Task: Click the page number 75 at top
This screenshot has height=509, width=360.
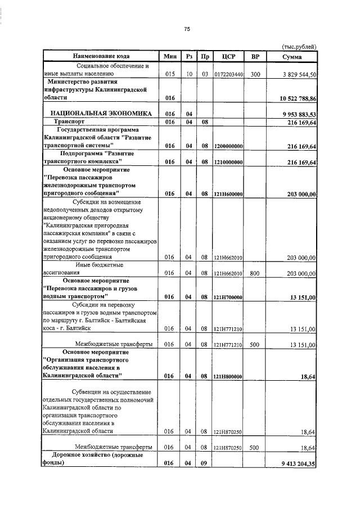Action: [x=187, y=29]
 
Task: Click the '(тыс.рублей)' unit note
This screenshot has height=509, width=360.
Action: [x=299, y=47]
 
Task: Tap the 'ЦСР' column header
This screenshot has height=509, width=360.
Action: [x=228, y=56]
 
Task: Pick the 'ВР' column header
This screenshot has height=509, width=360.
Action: [x=255, y=56]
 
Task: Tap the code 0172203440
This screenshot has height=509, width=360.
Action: [x=228, y=74]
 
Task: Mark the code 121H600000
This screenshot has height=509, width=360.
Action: [x=228, y=194]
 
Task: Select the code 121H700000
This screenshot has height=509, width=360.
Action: [x=228, y=297]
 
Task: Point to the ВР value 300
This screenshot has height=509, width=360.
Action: [x=255, y=74]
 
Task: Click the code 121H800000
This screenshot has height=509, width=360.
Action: [x=228, y=376]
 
